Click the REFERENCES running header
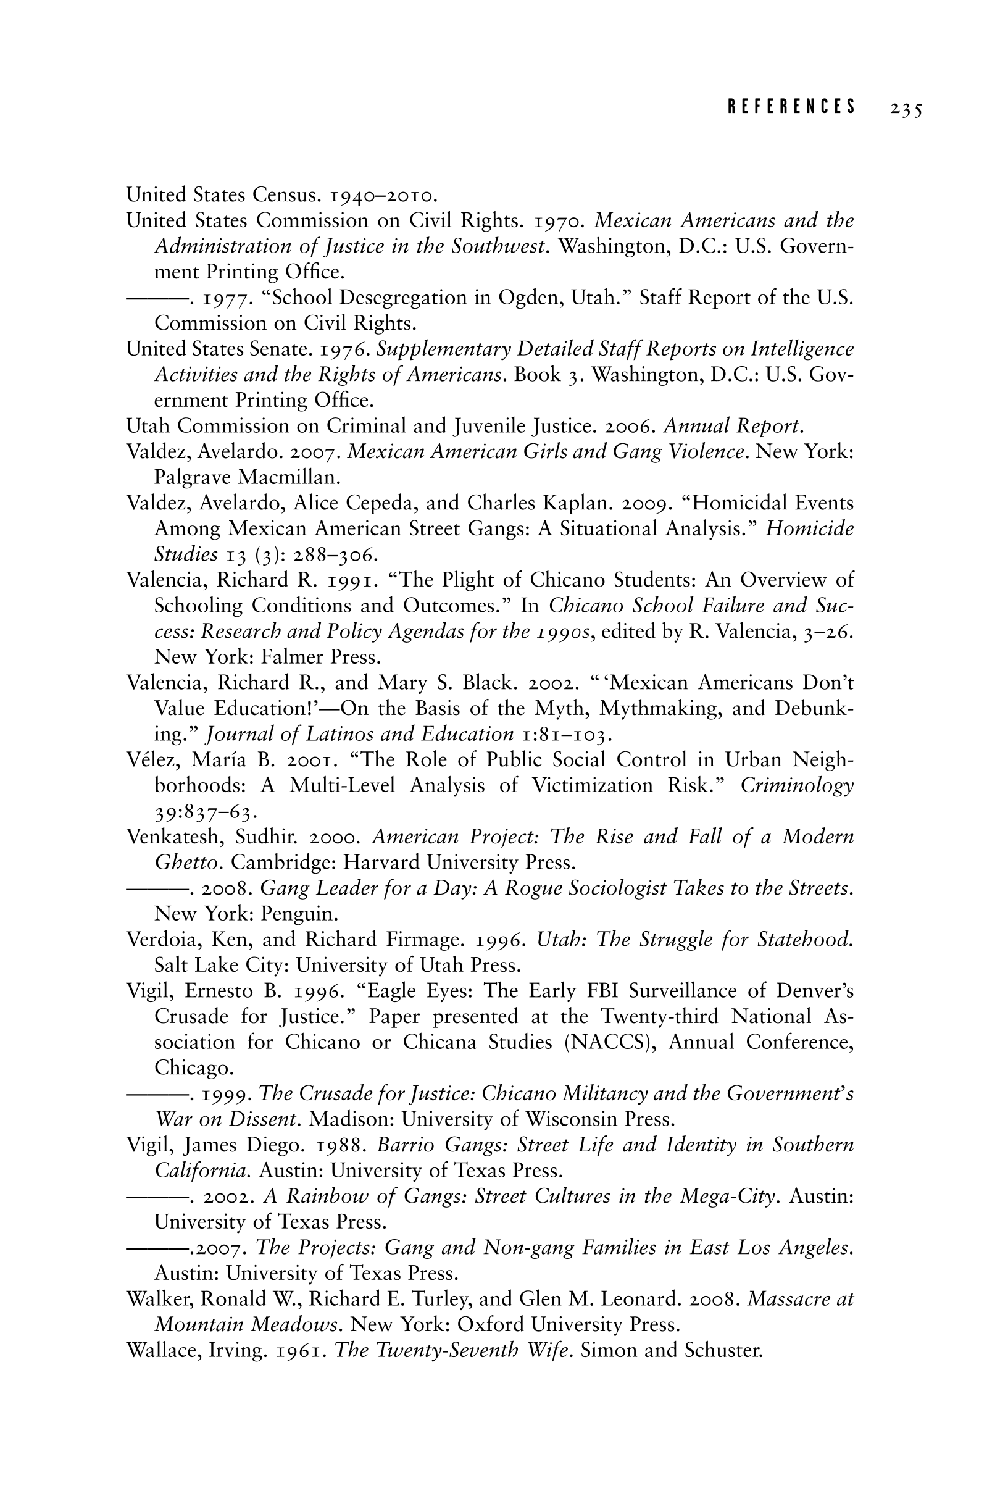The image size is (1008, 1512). point(791,107)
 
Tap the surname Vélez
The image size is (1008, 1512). point(154,760)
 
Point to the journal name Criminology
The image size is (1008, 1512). point(797,785)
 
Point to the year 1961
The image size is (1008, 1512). point(300,1351)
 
